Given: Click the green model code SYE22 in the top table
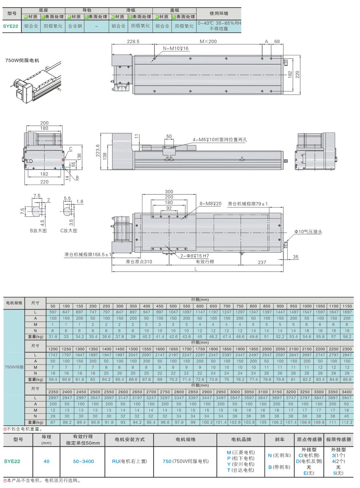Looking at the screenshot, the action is point(10,26).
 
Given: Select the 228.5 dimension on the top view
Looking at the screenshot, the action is point(133,42).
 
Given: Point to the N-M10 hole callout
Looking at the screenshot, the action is point(176,48).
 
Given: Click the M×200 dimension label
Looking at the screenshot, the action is point(208,41).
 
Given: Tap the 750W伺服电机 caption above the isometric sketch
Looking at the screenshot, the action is point(22,61).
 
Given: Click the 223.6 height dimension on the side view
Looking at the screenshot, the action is point(98,151).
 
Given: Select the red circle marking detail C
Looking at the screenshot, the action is point(63,159).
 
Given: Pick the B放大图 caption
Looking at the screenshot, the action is point(38,230).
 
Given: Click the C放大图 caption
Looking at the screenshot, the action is point(69,230).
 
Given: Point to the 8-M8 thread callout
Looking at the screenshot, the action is point(210,204).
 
